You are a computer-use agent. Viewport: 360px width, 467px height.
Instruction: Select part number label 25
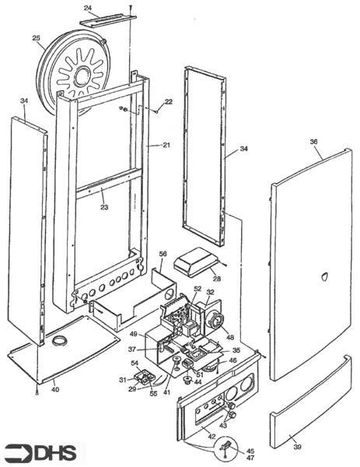[36, 38]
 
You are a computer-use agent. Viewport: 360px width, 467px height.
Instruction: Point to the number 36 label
[313, 142]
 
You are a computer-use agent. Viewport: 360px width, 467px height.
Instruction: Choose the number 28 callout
[216, 279]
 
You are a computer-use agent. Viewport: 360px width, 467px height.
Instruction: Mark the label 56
[163, 254]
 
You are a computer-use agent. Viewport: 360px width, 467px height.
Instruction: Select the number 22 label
[169, 103]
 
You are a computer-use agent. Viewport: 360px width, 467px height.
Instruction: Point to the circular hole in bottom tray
[60, 341]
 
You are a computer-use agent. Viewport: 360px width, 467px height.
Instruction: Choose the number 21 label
[165, 146]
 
